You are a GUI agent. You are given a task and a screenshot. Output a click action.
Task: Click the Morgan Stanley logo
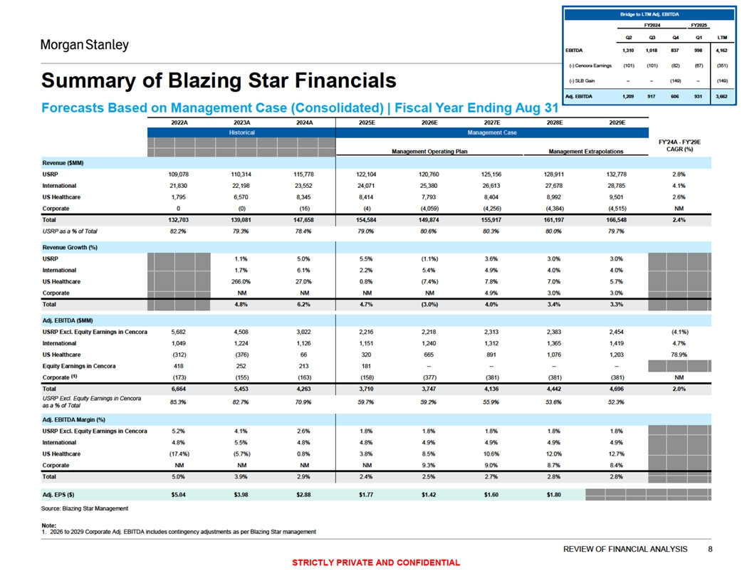click(x=84, y=45)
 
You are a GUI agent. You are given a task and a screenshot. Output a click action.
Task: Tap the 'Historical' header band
click(x=241, y=132)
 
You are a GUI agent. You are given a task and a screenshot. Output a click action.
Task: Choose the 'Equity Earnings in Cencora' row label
click(x=83, y=366)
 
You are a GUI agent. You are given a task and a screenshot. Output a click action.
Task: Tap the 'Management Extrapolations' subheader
click(x=585, y=152)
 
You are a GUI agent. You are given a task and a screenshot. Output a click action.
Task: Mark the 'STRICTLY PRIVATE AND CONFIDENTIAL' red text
click(x=376, y=562)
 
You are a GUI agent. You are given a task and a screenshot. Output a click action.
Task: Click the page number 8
click(x=710, y=548)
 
